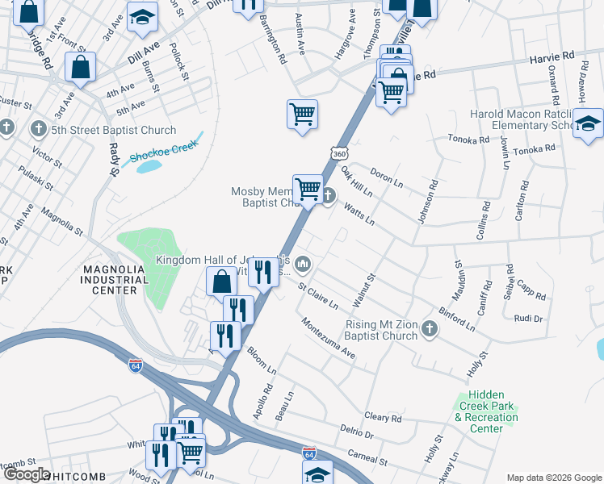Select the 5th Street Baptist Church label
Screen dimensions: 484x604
pyautogui.click(x=113, y=130)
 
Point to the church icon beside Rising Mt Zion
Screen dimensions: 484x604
pyautogui.click(x=429, y=328)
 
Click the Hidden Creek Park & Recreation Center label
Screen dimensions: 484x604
pyautogui.click(x=485, y=412)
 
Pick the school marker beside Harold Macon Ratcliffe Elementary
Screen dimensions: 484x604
pyautogui.click(x=588, y=124)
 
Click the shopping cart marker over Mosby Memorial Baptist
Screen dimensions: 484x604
pyautogui.click(x=308, y=190)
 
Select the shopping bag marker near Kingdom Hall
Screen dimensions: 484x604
pyautogui.click(x=221, y=282)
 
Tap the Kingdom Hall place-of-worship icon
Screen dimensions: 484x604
pyautogui.click(x=304, y=263)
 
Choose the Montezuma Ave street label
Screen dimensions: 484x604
pyautogui.click(x=328, y=339)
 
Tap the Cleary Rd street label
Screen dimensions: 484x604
pyautogui.click(x=383, y=417)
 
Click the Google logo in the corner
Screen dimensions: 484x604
pyautogui.click(x=26, y=474)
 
